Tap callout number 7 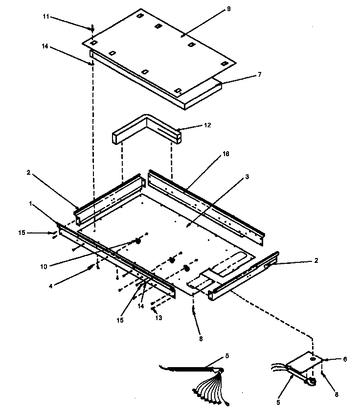pos(259,74)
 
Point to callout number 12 pos(207,125)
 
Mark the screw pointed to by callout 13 pos(154,309)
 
